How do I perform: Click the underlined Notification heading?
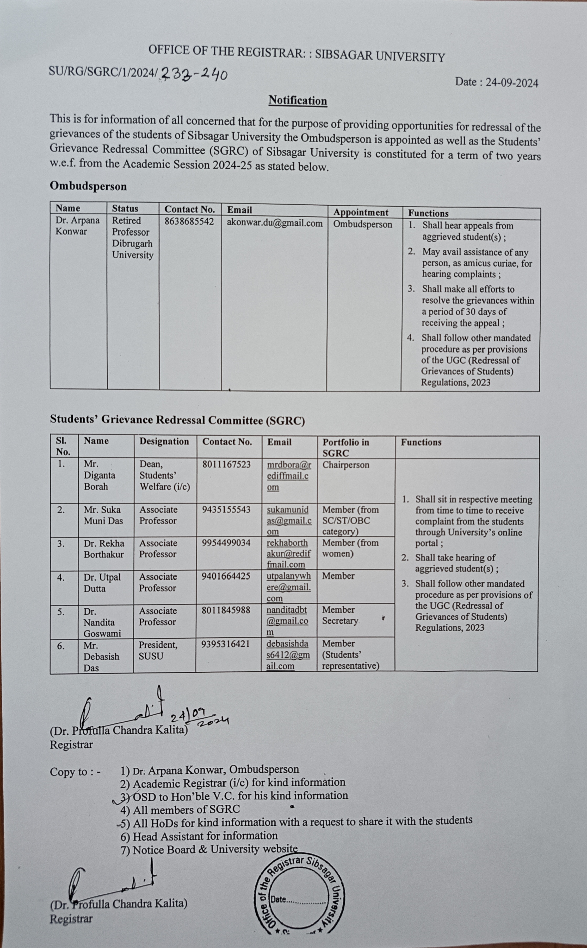[298, 101]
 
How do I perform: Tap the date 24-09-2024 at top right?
[497, 82]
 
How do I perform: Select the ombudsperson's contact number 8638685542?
[189, 221]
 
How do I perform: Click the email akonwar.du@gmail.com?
[274, 223]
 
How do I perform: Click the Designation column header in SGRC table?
[164, 442]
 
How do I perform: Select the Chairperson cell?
[345, 465]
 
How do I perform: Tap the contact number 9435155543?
[226, 510]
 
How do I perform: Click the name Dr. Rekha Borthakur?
[104, 549]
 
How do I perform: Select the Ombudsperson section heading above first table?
[88, 187]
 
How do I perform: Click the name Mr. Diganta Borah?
[99, 475]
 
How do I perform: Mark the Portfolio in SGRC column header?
[345, 447]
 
